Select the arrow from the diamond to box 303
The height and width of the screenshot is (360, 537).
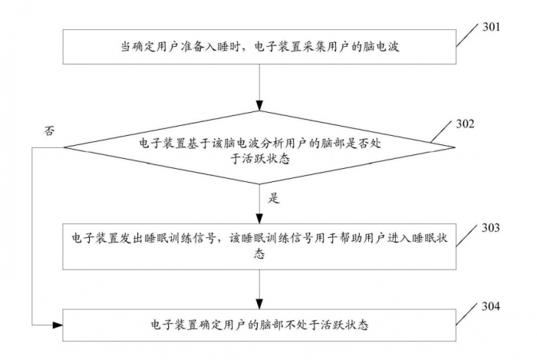262,203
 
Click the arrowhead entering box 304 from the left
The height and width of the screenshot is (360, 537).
57,325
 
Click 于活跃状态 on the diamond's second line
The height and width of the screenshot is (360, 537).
262,159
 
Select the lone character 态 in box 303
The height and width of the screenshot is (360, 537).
262,255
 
